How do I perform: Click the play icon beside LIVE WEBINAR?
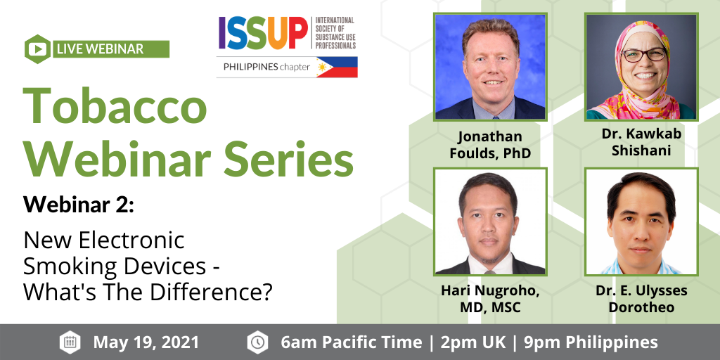click(37, 49)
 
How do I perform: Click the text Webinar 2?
click(78, 205)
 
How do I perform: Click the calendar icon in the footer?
click(70, 342)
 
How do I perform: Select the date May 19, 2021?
click(146, 342)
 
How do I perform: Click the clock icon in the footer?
click(257, 342)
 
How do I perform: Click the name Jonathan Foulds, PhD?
click(490, 144)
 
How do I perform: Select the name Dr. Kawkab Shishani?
click(642, 141)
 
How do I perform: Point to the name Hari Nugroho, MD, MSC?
click(490, 298)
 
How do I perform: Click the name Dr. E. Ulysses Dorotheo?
click(642, 298)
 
